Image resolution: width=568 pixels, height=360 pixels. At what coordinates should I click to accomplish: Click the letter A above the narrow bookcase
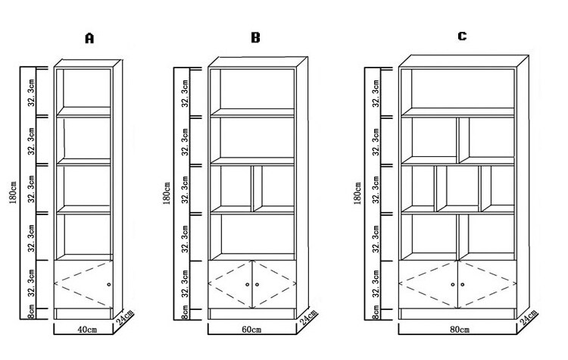point(89,39)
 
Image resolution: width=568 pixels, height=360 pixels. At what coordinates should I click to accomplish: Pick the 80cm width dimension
point(457,331)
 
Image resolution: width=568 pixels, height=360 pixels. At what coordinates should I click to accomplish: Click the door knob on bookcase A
point(109,284)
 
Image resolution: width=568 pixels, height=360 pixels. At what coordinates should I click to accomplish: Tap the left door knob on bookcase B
point(248,284)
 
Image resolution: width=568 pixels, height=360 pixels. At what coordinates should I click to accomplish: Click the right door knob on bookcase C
point(462,284)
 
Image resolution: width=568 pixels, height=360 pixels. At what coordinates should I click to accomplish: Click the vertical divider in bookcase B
point(253,188)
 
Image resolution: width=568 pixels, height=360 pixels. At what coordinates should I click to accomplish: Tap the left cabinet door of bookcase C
point(428,283)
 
